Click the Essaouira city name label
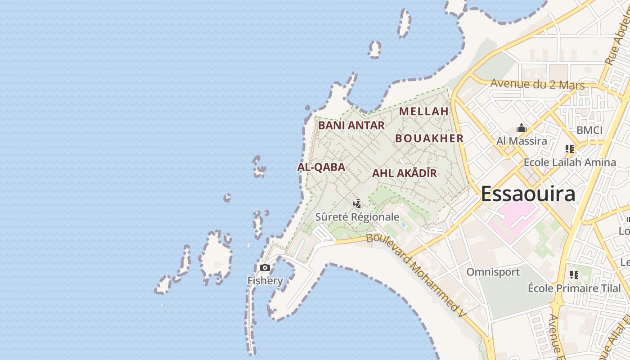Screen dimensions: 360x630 pyautogui.click(x=528, y=194)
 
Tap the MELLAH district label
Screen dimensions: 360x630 pyautogui.click(x=424, y=111)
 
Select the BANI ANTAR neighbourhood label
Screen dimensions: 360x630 pyautogui.click(x=351, y=126)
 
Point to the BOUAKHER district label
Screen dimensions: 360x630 pyautogui.click(x=429, y=138)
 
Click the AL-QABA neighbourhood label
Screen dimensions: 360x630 pyautogui.click(x=321, y=167)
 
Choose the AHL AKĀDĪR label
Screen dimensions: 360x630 pyautogui.click(x=404, y=173)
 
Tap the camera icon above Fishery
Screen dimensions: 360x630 pyautogui.click(x=265, y=268)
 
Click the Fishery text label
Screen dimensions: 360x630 pyautogui.click(x=265, y=281)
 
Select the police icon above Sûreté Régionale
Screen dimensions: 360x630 pyautogui.click(x=357, y=204)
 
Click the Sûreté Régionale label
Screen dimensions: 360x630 pyautogui.click(x=357, y=217)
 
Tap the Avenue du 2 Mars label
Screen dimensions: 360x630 pyautogui.click(x=537, y=84)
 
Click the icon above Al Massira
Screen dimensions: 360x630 pyautogui.click(x=522, y=128)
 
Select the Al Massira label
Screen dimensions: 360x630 pyautogui.click(x=522, y=141)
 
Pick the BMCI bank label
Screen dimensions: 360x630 pyautogui.click(x=589, y=130)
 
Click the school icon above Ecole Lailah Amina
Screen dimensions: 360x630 pyautogui.click(x=570, y=149)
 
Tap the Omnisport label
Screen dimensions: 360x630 pyautogui.click(x=493, y=272)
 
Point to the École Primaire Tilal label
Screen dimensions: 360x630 pyautogui.click(x=574, y=288)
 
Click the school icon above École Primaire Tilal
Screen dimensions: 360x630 pyautogui.click(x=574, y=274)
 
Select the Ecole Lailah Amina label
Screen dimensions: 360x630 pyautogui.click(x=570, y=162)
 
